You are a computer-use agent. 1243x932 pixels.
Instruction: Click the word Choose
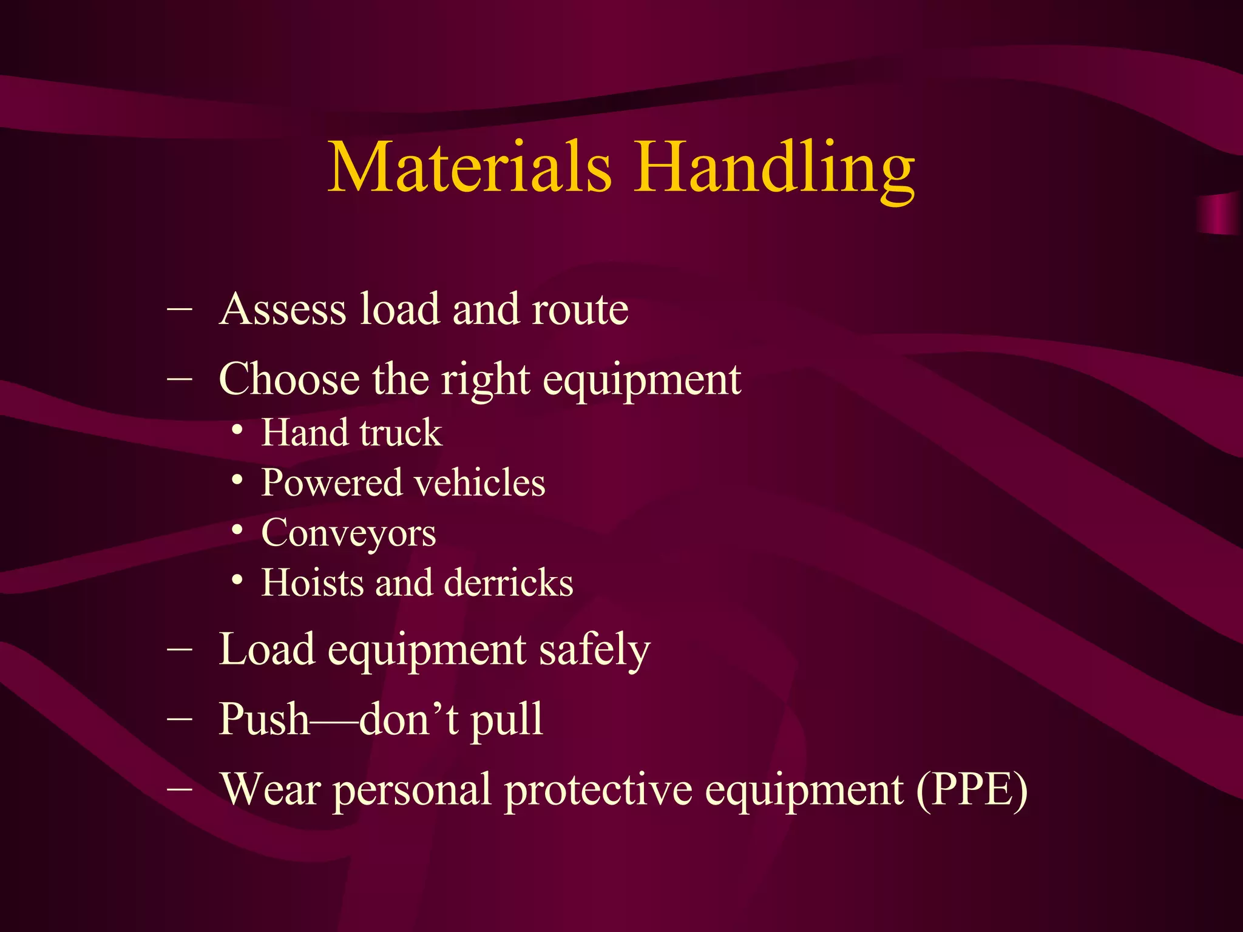289,379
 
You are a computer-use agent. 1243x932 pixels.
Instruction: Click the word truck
401,433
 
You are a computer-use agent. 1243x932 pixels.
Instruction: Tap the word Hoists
312,583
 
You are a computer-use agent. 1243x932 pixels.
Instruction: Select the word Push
264,720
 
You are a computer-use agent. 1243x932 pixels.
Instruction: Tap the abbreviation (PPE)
972,790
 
